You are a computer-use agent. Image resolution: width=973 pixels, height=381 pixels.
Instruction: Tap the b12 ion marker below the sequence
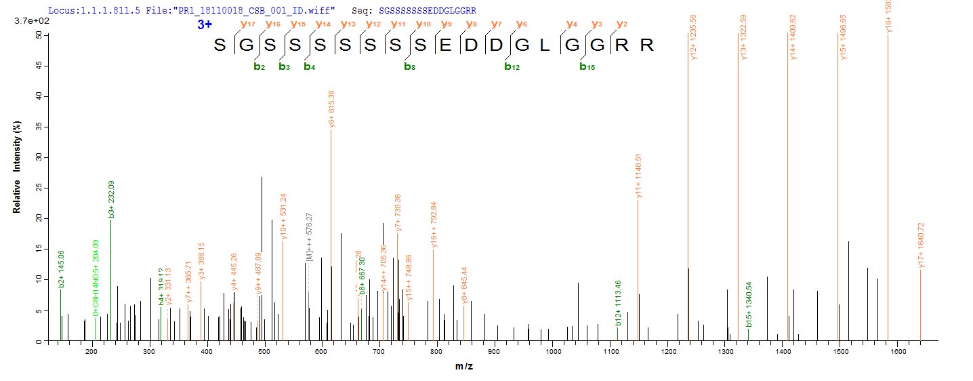(x=512, y=66)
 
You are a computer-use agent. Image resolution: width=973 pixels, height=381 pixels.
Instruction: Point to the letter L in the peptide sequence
(x=545, y=46)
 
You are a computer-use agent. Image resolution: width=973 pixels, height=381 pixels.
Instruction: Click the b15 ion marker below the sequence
(x=587, y=66)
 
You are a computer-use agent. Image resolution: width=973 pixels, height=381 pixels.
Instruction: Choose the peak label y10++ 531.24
(x=283, y=216)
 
